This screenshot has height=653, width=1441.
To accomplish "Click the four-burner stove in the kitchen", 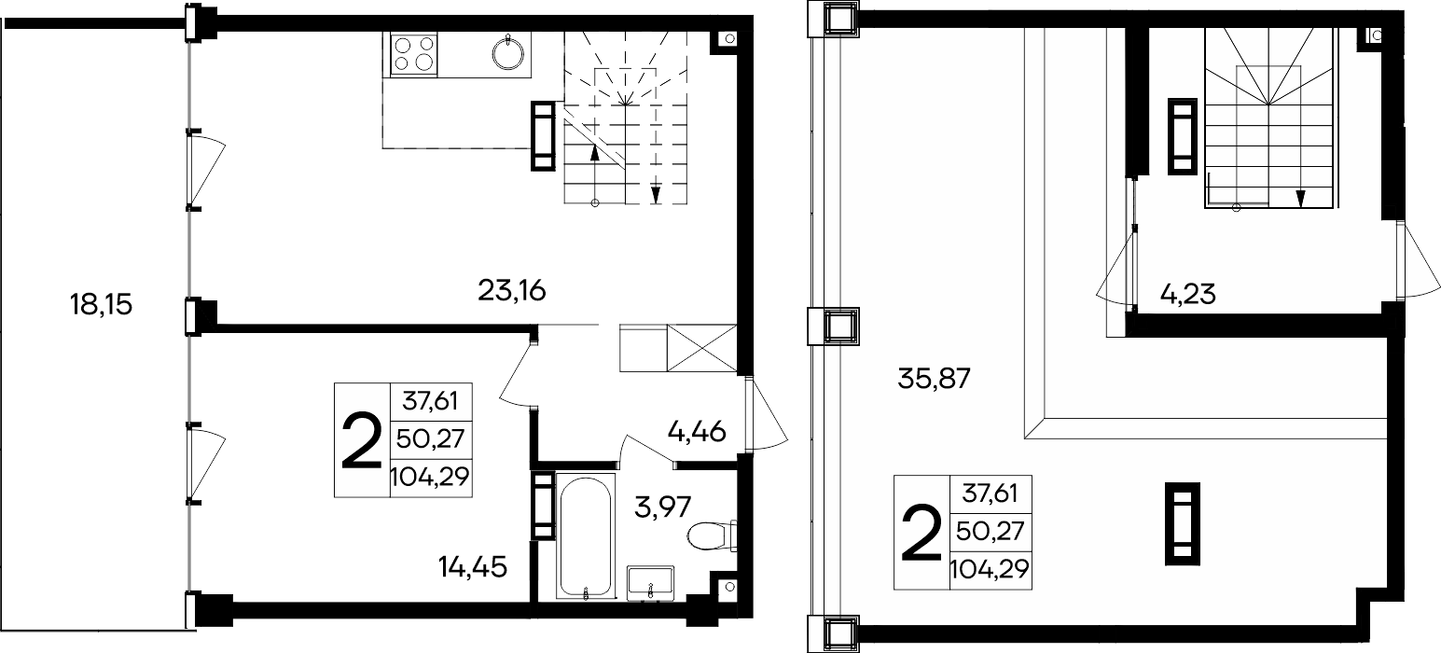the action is pyautogui.click(x=414, y=54).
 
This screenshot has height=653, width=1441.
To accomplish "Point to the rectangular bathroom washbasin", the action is pyautogui.click(x=650, y=584).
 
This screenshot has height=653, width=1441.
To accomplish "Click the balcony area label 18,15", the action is pyautogui.click(x=101, y=304).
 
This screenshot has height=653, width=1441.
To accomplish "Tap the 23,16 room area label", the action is pyautogui.click(x=511, y=291).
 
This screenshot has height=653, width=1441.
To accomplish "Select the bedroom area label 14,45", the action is pyautogui.click(x=473, y=567).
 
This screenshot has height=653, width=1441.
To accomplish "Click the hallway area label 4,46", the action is pyautogui.click(x=697, y=432).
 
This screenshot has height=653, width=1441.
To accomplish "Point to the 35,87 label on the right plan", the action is pyautogui.click(x=934, y=379).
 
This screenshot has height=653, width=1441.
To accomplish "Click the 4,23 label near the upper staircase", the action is pyautogui.click(x=1187, y=295).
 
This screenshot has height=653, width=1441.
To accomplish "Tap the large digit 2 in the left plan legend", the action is pyautogui.click(x=362, y=441).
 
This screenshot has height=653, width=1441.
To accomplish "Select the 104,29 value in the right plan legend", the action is pyautogui.click(x=990, y=569).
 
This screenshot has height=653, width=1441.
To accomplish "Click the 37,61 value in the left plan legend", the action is pyautogui.click(x=430, y=401).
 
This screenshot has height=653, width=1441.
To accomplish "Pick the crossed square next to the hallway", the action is pyautogui.click(x=701, y=348).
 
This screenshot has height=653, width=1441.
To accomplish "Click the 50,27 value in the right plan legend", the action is pyautogui.click(x=990, y=532).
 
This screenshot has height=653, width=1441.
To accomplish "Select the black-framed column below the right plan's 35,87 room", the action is pyautogui.click(x=1183, y=523).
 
